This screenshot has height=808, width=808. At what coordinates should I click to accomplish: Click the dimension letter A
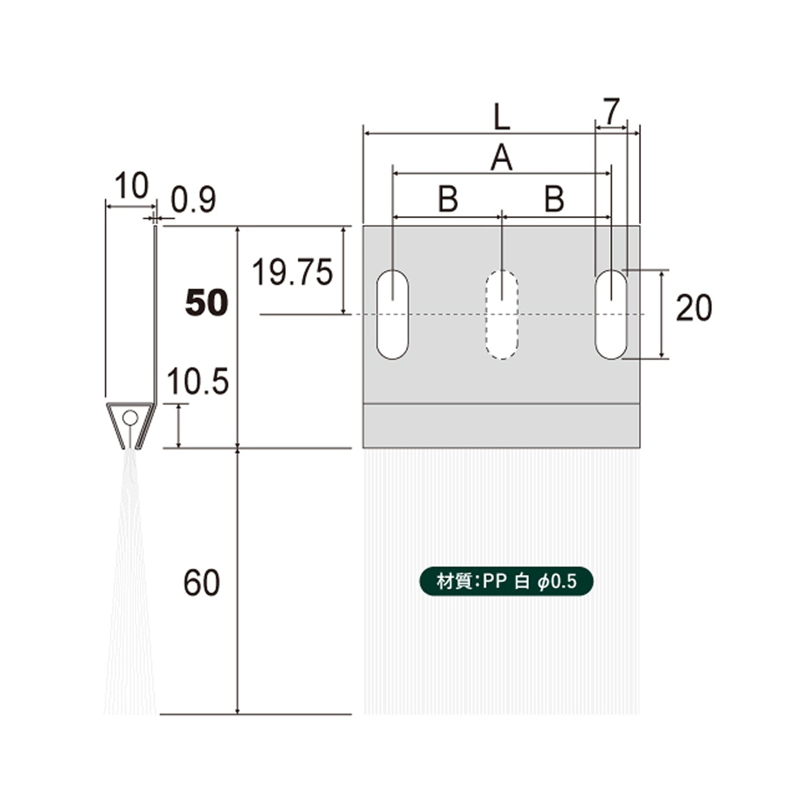pos(502,158)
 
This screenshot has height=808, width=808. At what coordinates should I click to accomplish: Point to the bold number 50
pos(206,303)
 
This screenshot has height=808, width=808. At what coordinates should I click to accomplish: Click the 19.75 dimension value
pos(292,272)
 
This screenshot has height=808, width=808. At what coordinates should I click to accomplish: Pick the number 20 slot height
pos(694,308)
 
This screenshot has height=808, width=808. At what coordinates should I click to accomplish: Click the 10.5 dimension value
pos(198,381)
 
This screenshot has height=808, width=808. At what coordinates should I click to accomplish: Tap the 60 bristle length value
pos(202,583)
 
